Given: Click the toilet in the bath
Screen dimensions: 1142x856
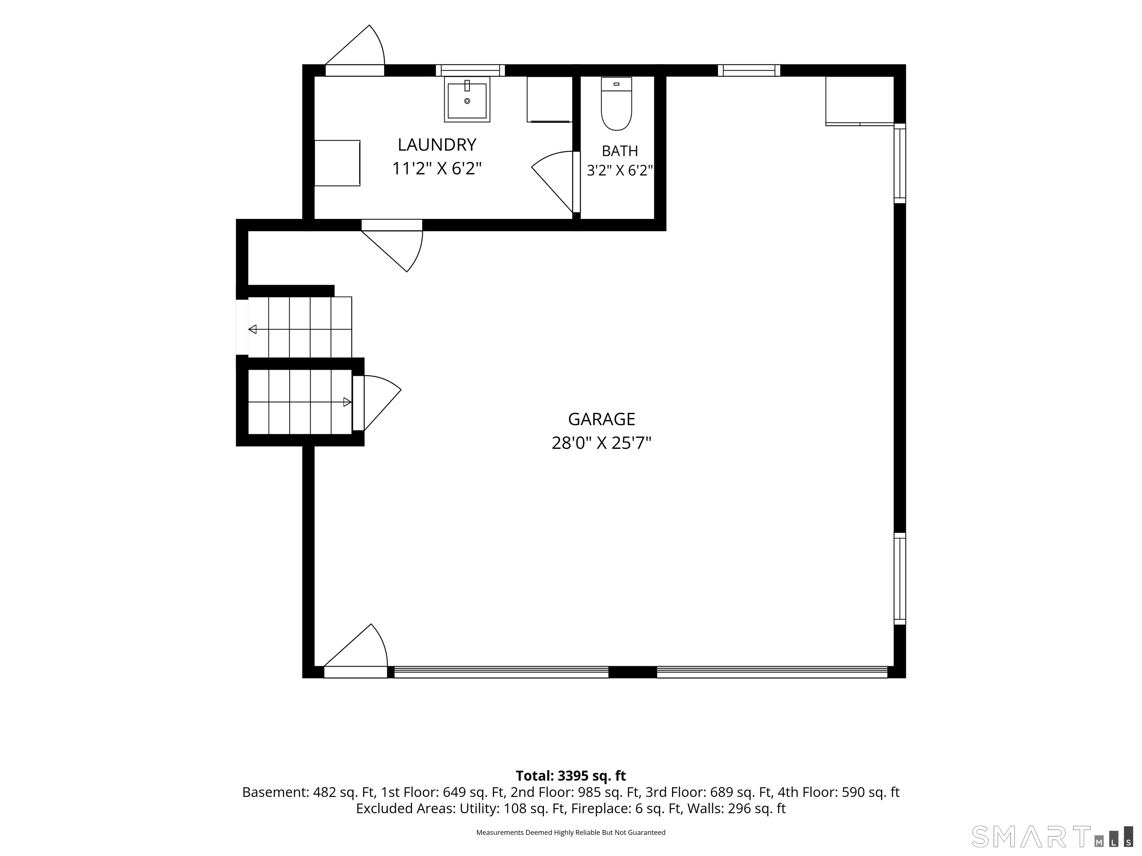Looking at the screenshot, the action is (616, 104).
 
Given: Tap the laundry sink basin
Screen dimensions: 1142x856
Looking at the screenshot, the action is (467, 100).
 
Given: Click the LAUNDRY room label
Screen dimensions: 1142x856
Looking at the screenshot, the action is (437, 145).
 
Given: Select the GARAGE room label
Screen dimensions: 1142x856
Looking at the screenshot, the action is (601, 419).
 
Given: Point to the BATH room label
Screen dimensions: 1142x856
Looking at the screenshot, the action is (620, 151).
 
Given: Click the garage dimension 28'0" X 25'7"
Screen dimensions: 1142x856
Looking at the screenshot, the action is (601, 443).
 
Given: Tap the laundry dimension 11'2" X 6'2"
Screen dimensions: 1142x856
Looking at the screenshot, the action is (437, 169).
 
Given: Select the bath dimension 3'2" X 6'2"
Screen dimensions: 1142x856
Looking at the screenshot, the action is (620, 170).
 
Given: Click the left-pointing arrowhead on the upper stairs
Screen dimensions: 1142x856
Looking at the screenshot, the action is (252, 329).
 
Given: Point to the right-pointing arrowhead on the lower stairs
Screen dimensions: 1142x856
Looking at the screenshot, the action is (348, 402).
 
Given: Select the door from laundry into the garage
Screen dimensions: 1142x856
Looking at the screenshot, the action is (392, 246).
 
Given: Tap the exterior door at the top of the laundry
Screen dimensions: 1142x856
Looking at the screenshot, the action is (355, 51).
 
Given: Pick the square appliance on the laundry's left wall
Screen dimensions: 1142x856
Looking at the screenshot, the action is (337, 163).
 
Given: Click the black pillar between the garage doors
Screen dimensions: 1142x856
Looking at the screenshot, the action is (632, 672).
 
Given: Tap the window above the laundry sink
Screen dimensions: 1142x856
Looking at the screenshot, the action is (470, 70).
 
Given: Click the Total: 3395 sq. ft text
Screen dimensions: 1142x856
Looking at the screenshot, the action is (571, 775).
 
